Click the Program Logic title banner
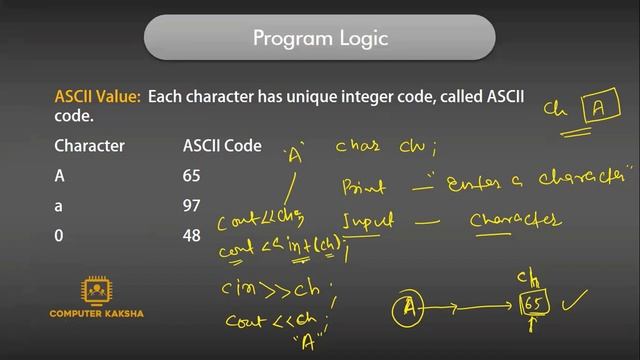[x=319, y=39]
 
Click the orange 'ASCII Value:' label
[x=97, y=98]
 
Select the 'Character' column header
[x=89, y=146]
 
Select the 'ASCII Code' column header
[x=222, y=146]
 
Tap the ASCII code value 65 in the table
[x=192, y=176]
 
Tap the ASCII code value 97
[x=192, y=206]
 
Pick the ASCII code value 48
[x=192, y=236]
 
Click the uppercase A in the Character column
[x=59, y=176]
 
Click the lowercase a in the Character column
[x=59, y=206]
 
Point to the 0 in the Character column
[x=59, y=236]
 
